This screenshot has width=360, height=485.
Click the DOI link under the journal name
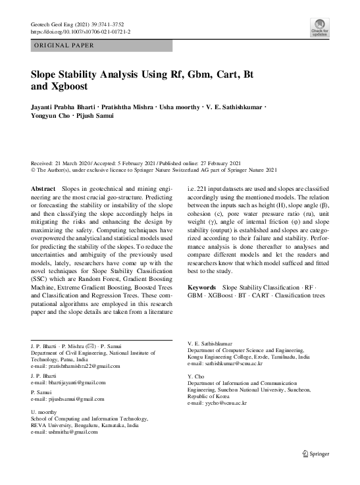(x=81, y=31)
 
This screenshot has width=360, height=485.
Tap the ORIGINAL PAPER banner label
(x=64, y=45)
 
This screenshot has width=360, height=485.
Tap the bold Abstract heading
(x=43, y=189)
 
